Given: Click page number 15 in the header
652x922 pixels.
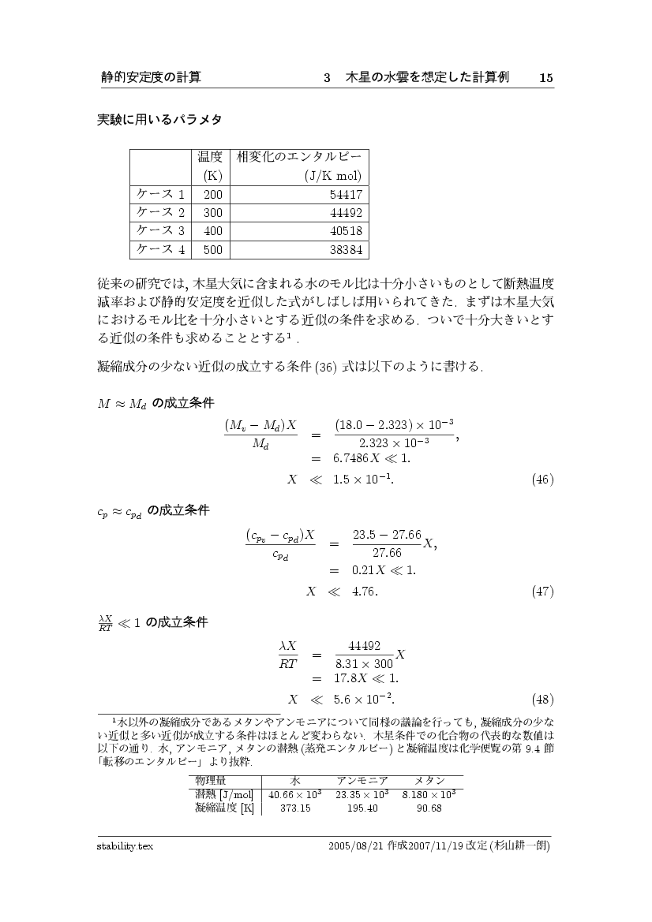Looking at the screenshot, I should tap(546, 77).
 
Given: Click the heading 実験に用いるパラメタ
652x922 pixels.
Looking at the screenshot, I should tap(159, 120).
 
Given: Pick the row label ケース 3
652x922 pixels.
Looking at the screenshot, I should tap(161, 231).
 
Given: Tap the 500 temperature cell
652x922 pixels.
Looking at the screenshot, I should tap(212, 250).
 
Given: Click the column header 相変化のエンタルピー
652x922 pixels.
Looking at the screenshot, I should tap(298, 157).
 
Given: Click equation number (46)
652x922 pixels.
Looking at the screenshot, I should tap(542, 479).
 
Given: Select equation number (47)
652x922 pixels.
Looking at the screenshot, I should tap(542, 591).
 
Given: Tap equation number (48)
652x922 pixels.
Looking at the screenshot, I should tap(542, 699).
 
